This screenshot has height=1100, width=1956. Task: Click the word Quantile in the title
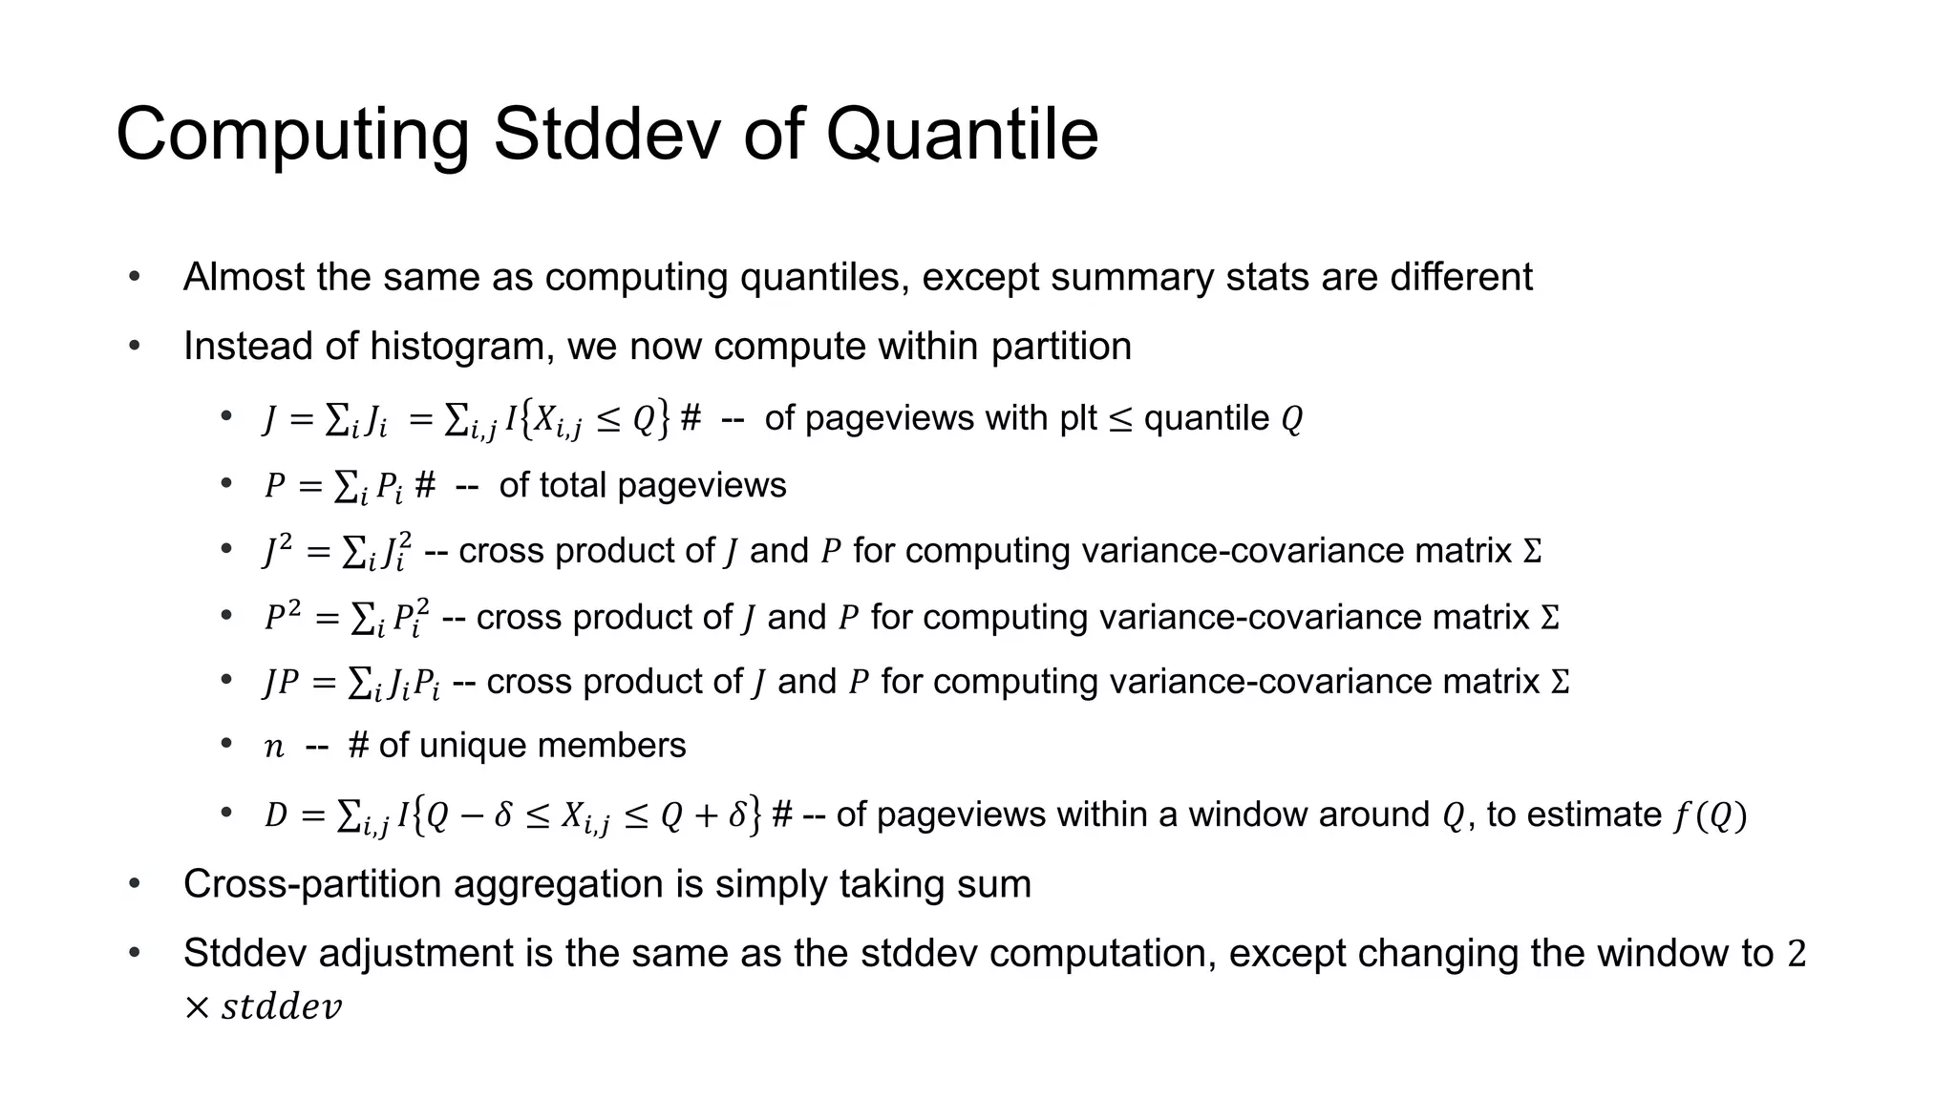[x=961, y=136]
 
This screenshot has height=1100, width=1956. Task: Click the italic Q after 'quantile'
[x=1291, y=420]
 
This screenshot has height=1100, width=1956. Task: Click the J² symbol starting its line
[x=278, y=552]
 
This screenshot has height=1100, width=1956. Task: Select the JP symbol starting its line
[x=282, y=683]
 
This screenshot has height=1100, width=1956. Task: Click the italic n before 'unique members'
[x=274, y=747]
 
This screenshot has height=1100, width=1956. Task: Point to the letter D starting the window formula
[x=275, y=815]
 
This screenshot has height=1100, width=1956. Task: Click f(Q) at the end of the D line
[x=1710, y=815]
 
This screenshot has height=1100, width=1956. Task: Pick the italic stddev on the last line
[x=281, y=1007]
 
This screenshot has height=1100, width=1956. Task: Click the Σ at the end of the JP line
[x=1560, y=683]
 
